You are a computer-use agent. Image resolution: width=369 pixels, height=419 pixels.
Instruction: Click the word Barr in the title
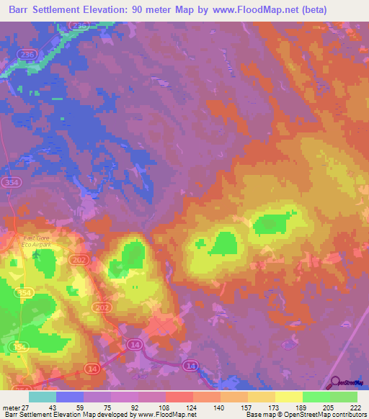click(x=22, y=10)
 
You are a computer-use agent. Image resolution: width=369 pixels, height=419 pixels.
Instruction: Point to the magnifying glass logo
click(x=336, y=382)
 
